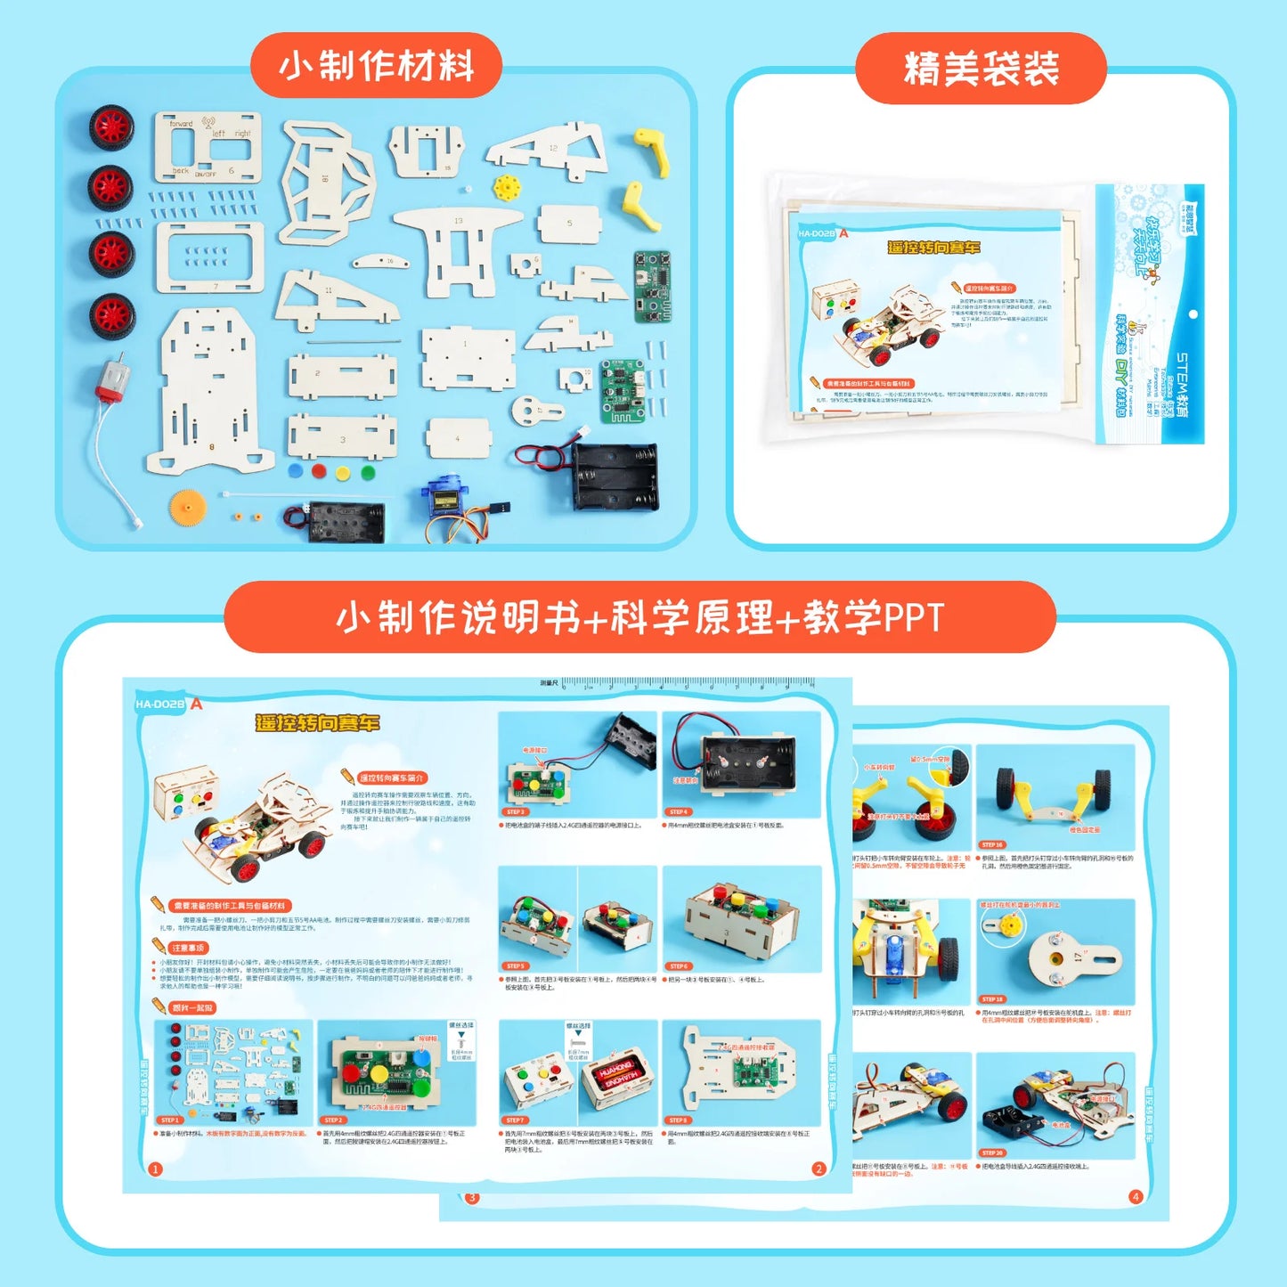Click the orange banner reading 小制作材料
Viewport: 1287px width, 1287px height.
[376, 66]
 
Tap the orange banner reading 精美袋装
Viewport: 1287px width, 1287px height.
[981, 69]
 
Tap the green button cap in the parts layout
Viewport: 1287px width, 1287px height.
[368, 472]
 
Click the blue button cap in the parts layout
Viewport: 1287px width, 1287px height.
[296, 471]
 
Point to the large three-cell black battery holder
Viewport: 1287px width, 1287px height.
[615, 477]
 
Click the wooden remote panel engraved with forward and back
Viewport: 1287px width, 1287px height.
[208, 147]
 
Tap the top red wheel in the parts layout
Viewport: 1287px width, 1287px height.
[111, 127]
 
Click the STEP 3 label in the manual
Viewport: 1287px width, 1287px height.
[516, 811]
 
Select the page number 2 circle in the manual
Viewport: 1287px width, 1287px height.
[819, 1169]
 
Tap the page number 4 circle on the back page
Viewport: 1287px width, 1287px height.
[1135, 1196]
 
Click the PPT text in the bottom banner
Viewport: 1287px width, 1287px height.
[913, 617]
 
